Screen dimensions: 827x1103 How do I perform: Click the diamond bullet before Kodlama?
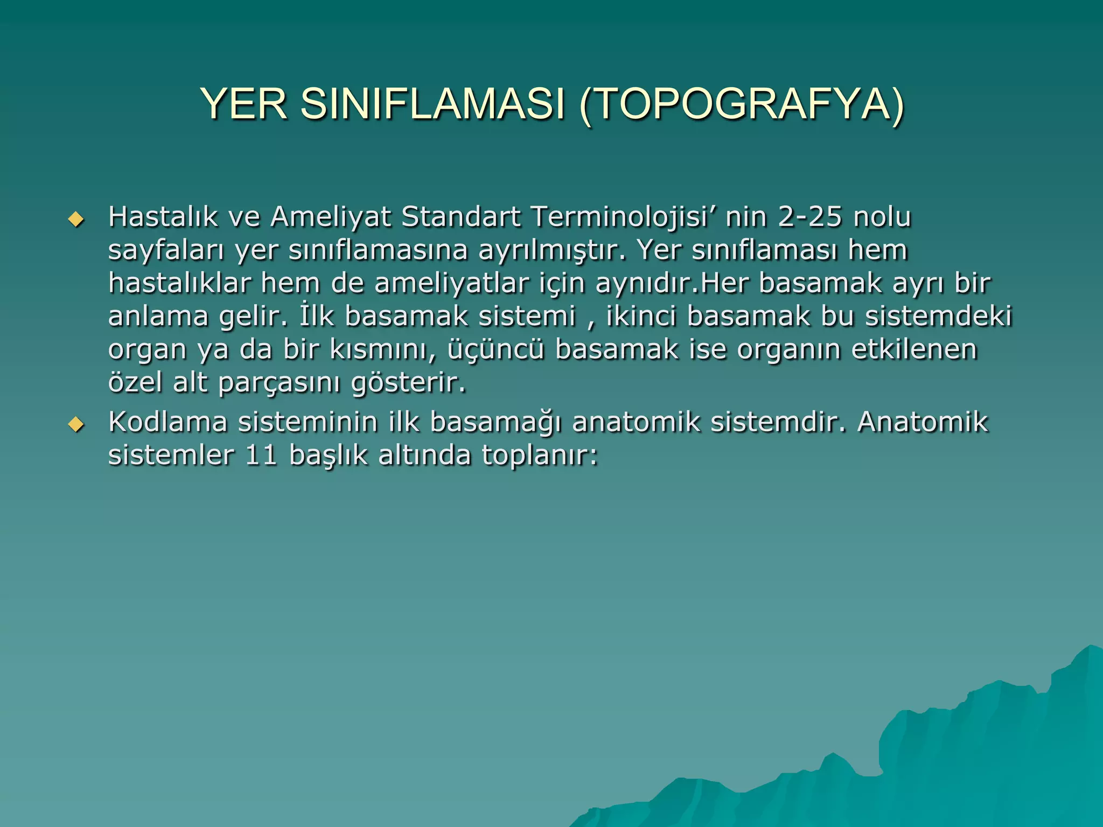(x=76, y=425)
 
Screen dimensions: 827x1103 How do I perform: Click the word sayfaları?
(x=166, y=250)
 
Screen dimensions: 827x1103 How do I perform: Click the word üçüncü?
(x=495, y=349)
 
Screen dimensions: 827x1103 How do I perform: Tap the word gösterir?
(x=408, y=383)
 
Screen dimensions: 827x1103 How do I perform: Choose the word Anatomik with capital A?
(x=923, y=422)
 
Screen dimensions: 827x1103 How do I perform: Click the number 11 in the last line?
(x=261, y=455)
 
